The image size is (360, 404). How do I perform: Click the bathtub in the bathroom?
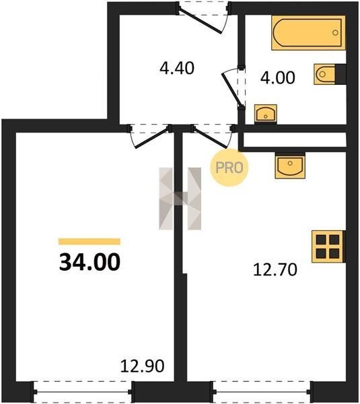[308, 33]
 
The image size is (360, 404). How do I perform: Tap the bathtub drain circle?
[335, 33]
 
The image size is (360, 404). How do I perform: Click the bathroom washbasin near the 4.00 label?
[266, 113]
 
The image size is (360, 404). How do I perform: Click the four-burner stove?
[328, 246]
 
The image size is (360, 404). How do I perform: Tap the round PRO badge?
[229, 168]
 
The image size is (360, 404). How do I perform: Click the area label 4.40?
[177, 68]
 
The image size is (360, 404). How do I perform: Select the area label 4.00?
[278, 77]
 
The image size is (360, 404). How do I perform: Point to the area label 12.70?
[275, 270]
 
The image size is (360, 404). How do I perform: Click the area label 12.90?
[142, 366]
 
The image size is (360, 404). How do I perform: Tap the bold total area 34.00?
[89, 262]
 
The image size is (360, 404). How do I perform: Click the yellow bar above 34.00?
[89, 242]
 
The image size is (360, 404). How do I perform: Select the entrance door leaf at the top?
[200, 21]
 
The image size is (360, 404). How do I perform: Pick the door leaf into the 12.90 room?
[152, 138]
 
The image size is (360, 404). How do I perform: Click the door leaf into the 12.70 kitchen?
[211, 138]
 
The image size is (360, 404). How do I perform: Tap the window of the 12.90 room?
[83, 392]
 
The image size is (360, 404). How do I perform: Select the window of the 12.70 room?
[262, 392]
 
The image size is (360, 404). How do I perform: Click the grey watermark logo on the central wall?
[180, 199]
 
